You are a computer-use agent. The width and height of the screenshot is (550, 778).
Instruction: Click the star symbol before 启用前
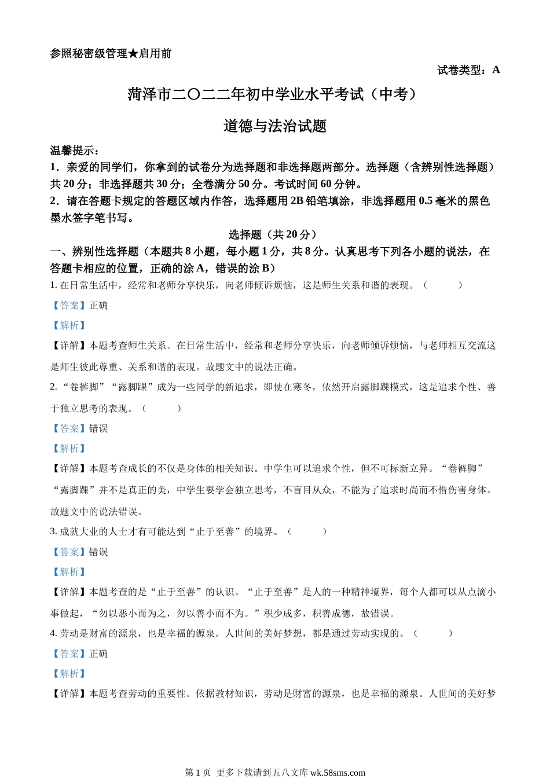point(133,54)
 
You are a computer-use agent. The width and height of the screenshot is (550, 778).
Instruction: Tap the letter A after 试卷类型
point(496,70)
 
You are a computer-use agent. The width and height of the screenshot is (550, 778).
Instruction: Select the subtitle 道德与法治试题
point(275,126)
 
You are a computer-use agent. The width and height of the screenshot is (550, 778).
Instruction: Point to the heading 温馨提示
point(72,151)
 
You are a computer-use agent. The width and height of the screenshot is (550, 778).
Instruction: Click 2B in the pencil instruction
point(296,201)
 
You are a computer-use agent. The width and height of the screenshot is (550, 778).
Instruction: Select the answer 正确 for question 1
point(98,306)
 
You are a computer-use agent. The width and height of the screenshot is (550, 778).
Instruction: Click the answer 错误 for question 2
point(98,429)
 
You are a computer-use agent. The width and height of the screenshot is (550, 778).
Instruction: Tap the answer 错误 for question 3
point(98,552)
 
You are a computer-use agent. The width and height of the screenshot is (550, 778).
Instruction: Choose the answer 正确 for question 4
point(98,654)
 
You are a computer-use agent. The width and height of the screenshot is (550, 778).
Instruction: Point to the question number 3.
point(53,531)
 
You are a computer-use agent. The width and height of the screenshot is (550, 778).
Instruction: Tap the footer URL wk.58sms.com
point(338,772)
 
